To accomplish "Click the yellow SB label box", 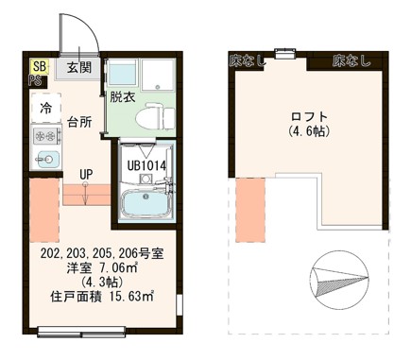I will (x=38, y=65).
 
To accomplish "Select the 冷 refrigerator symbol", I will (x=45, y=108).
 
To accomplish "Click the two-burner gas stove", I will (x=45, y=135).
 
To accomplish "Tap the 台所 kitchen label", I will (x=79, y=123).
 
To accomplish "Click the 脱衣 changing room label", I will (x=122, y=95).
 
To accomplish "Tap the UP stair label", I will (x=86, y=174).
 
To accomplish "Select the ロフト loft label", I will (x=308, y=117).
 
